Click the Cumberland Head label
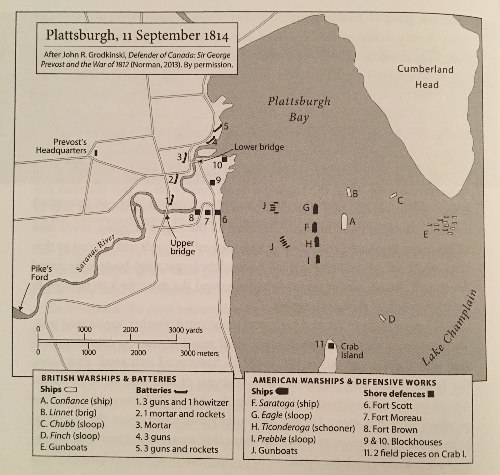click(425, 77)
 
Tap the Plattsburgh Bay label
click(299, 109)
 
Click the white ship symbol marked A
click(344, 222)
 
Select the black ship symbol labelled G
click(316, 209)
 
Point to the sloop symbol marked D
click(382, 318)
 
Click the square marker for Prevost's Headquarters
click(96, 153)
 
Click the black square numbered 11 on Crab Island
click(331, 346)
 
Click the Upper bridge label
click(182, 247)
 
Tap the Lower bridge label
click(259, 147)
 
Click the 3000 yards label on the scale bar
click(186, 330)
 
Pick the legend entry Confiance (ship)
click(76, 401)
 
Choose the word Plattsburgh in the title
click(80, 35)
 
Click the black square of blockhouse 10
click(224, 159)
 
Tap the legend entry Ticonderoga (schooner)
click(303, 427)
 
